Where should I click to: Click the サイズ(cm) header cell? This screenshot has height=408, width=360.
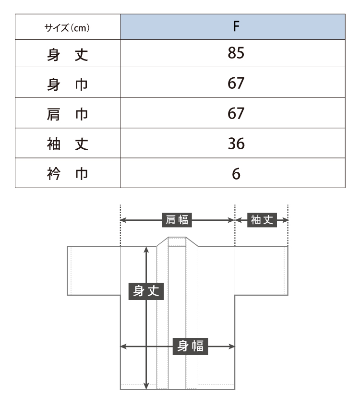(67, 27)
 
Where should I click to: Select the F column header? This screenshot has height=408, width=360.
(236, 26)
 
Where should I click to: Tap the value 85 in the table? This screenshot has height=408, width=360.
(236, 53)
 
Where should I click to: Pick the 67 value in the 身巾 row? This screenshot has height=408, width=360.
(236, 83)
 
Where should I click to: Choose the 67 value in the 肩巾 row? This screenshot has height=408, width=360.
(236, 113)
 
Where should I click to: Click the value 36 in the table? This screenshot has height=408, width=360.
(236, 144)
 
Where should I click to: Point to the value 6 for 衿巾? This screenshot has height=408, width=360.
(236, 174)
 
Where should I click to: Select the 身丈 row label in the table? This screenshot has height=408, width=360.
(68, 55)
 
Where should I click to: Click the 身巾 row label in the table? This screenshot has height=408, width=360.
(68, 84)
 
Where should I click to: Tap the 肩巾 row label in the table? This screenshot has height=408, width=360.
(68, 115)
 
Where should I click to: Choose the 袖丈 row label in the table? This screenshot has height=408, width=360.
(68, 144)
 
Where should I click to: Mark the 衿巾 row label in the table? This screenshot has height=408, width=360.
(68, 174)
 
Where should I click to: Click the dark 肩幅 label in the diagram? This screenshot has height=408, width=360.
(177, 220)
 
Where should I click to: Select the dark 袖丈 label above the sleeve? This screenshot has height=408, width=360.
(262, 220)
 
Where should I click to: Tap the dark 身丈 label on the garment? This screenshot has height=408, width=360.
(146, 291)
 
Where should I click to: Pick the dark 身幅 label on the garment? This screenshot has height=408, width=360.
(191, 347)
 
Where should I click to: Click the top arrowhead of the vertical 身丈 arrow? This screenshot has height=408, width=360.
(146, 250)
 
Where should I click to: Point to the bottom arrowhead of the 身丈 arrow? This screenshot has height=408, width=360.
(146, 386)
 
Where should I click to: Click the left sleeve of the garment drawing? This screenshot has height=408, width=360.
(94, 271)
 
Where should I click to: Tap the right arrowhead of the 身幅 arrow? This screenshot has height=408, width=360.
(231, 347)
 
